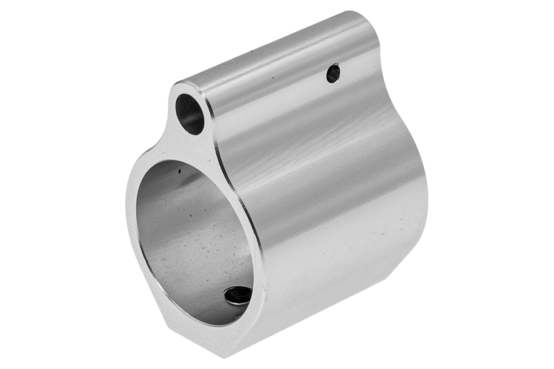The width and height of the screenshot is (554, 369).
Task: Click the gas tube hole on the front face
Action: coord(190,114)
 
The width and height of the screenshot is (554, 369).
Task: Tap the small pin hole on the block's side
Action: coord(333,73)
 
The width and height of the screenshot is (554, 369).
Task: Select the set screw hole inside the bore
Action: coord(238,295)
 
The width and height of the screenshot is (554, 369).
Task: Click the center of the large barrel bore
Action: coord(195,242)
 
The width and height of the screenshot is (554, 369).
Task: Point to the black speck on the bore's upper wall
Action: coord(179,171)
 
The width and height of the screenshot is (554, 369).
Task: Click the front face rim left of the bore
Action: coord(132,216)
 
